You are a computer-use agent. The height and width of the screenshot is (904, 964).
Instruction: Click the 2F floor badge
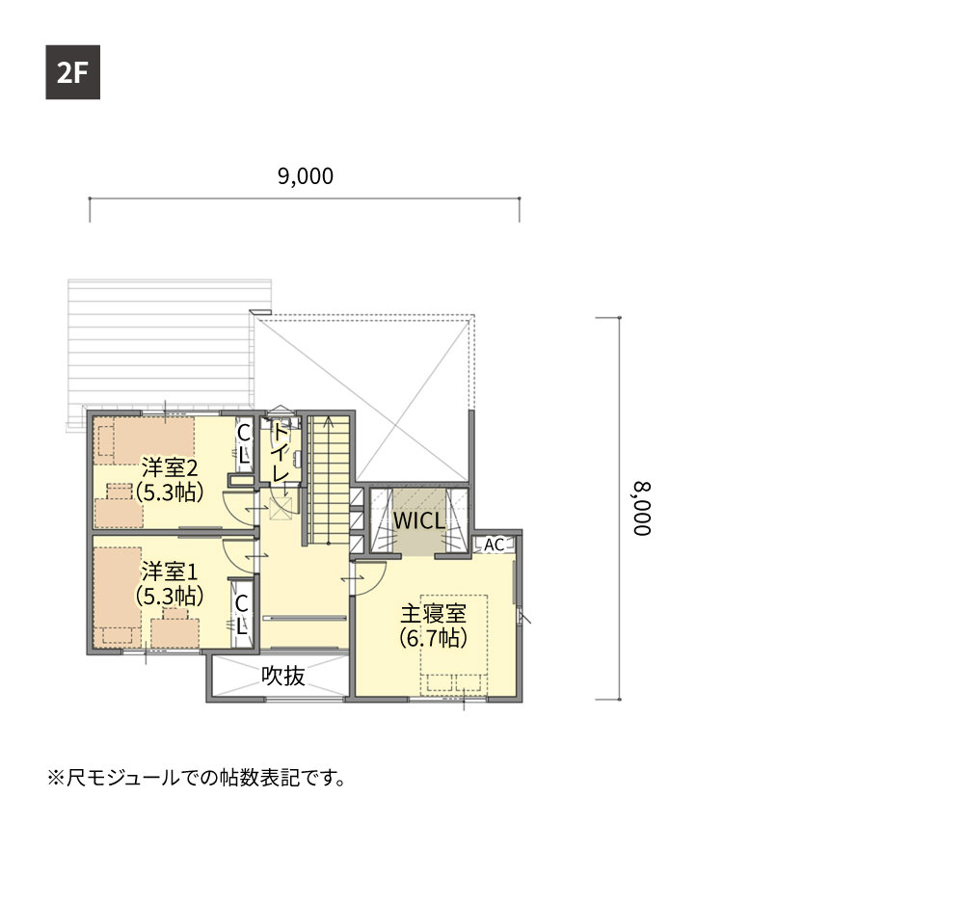click(72, 72)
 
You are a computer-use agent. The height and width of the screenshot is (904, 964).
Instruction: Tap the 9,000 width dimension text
click(306, 176)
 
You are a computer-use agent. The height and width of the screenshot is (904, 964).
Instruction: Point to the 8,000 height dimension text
click(642, 509)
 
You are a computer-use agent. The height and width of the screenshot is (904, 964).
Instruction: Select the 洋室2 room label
click(170, 467)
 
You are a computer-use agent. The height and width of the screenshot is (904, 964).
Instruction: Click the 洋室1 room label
click(170, 572)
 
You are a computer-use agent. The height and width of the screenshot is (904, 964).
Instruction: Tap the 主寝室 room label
click(434, 613)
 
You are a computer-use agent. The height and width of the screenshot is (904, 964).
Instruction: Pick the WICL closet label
click(419, 520)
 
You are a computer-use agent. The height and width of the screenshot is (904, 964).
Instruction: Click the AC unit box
click(494, 545)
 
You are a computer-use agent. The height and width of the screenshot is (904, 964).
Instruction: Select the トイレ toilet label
click(281, 452)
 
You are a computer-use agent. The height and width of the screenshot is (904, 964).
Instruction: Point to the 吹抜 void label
click(283, 676)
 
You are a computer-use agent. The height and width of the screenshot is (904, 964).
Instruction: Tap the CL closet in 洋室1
click(241, 614)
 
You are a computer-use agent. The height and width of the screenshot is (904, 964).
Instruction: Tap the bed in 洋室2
click(144, 440)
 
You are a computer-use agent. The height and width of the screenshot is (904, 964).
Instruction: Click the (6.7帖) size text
click(434, 638)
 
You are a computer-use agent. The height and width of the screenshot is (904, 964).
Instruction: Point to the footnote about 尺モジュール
click(196, 778)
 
